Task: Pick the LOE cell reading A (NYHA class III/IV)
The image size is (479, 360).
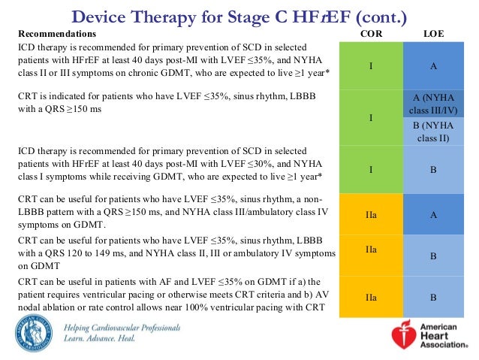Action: click(x=433, y=104)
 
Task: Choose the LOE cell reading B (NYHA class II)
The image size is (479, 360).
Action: click(x=433, y=132)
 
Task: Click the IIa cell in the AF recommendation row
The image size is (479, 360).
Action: click(x=371, y=298)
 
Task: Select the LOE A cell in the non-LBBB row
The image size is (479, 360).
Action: click(x=433, y=214)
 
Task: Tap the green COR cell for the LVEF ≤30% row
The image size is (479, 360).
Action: click(x=371, y=170)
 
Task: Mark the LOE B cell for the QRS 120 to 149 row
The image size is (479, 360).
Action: click(x=433, y=256)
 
